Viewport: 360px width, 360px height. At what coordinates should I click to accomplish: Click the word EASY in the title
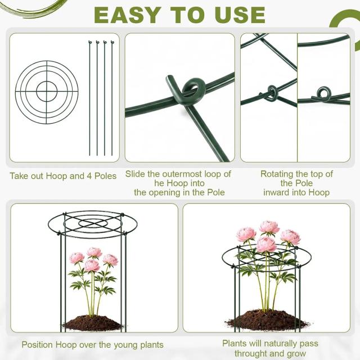click(128, 15)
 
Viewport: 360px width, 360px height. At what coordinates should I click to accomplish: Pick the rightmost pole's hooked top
click(112, 43)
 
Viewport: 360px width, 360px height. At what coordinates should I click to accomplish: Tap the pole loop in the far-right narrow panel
click(323, 93)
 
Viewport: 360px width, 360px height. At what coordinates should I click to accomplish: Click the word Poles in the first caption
click(106, 176)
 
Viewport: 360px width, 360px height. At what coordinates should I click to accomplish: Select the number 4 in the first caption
click(89, 176)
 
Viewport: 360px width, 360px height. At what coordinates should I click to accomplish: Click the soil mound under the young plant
click(92, 323)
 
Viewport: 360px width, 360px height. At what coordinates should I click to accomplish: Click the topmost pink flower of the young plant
click(94, 253)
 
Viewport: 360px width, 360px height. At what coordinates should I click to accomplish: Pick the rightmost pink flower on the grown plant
click(290, 237)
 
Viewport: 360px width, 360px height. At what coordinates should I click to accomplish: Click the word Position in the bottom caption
click(38, 345)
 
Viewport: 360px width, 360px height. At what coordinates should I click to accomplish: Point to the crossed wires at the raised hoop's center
click(93, 223)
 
